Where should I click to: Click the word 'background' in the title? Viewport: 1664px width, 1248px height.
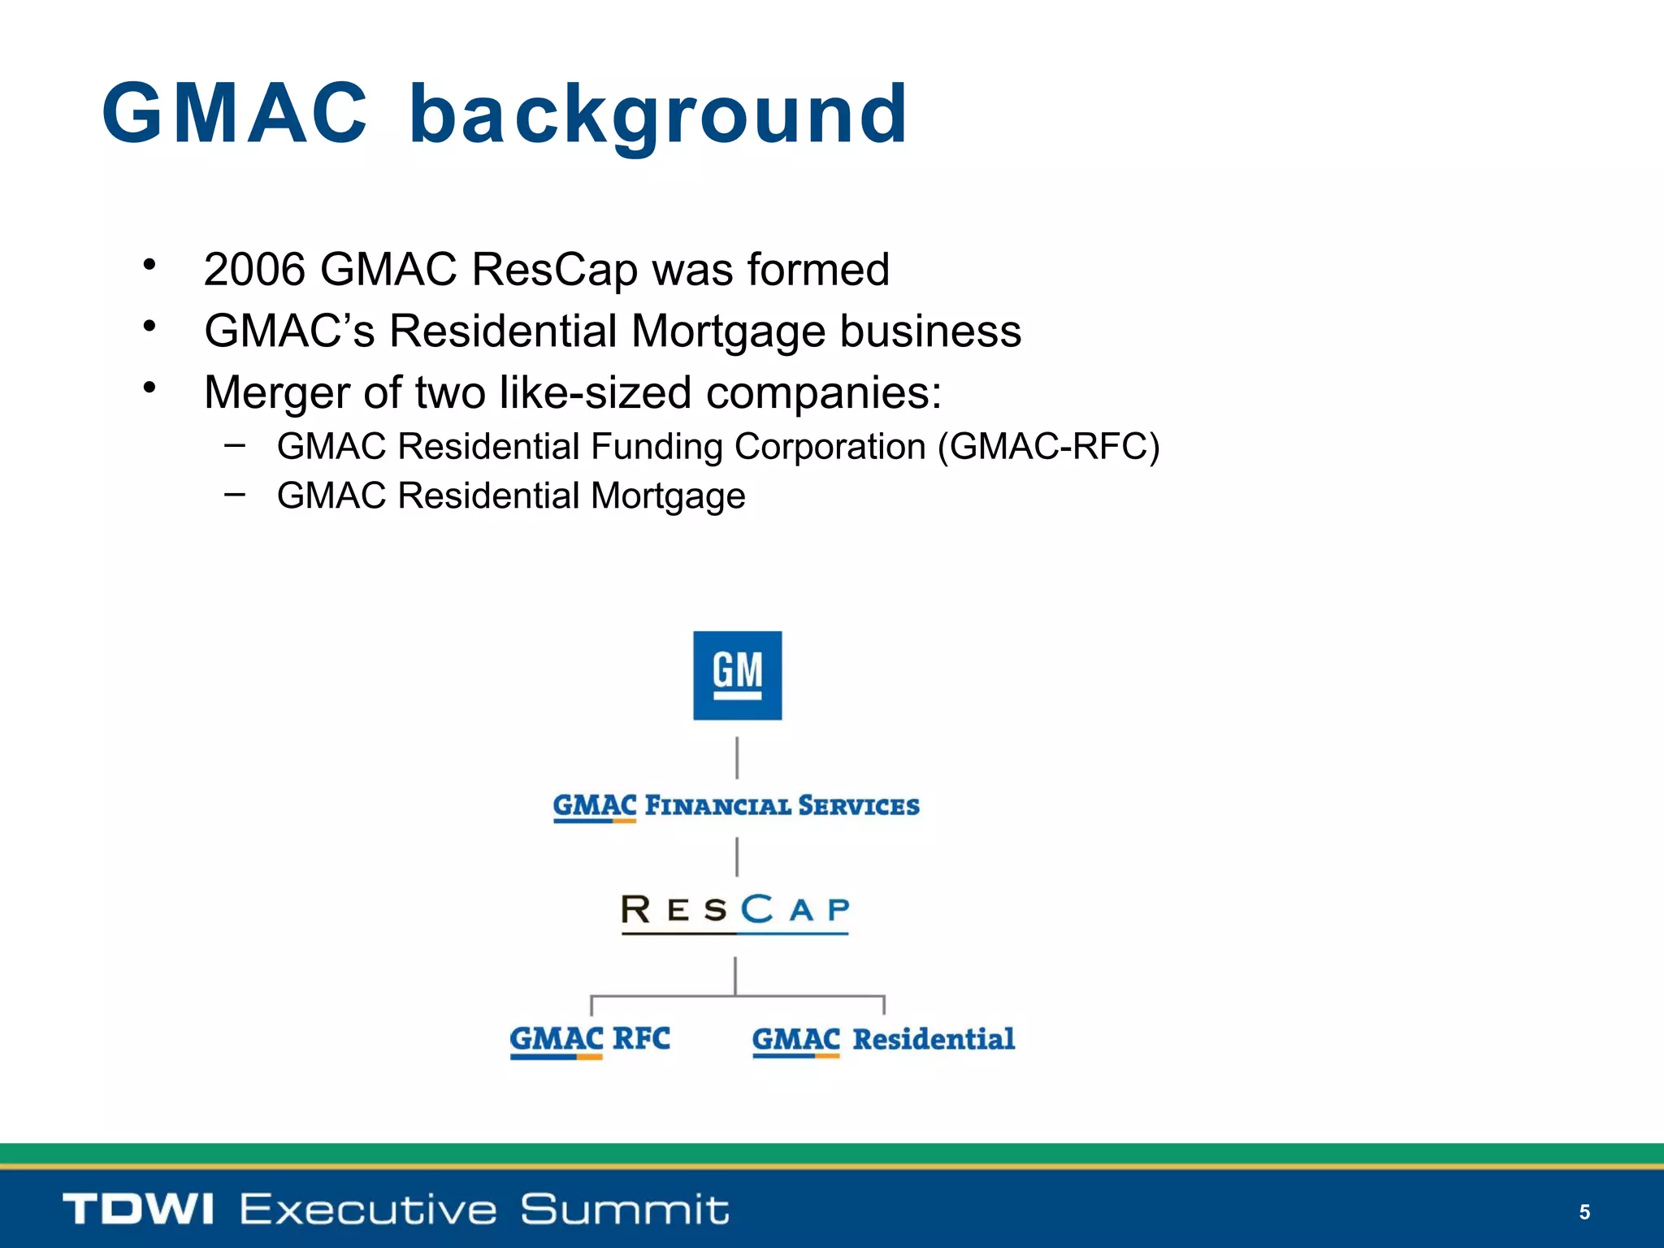tap(658, 115)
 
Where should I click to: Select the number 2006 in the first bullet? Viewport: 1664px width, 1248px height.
tap(254, 270)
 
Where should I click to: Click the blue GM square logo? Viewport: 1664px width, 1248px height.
tap(737, 675)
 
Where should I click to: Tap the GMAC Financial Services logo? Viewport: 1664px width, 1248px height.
tap(736, 806)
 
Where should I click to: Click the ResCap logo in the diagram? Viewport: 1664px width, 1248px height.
tap(735, 911)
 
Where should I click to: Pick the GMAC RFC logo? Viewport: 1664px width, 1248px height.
tap(590, 1040)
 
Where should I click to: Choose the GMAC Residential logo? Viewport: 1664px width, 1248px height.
tap(883, 1040)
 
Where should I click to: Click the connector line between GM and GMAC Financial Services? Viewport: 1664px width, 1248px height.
tap(737, 757)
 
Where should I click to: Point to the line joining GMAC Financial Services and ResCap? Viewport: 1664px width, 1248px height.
tap(737, 856)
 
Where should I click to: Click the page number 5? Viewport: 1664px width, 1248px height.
tap(1584, 1212)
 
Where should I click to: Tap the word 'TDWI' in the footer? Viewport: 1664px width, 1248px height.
tap(138, 1209)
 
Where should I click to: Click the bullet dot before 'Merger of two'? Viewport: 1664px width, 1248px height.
tap(149, 388)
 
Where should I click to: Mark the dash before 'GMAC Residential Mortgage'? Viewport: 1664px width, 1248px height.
tap(235, 493)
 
